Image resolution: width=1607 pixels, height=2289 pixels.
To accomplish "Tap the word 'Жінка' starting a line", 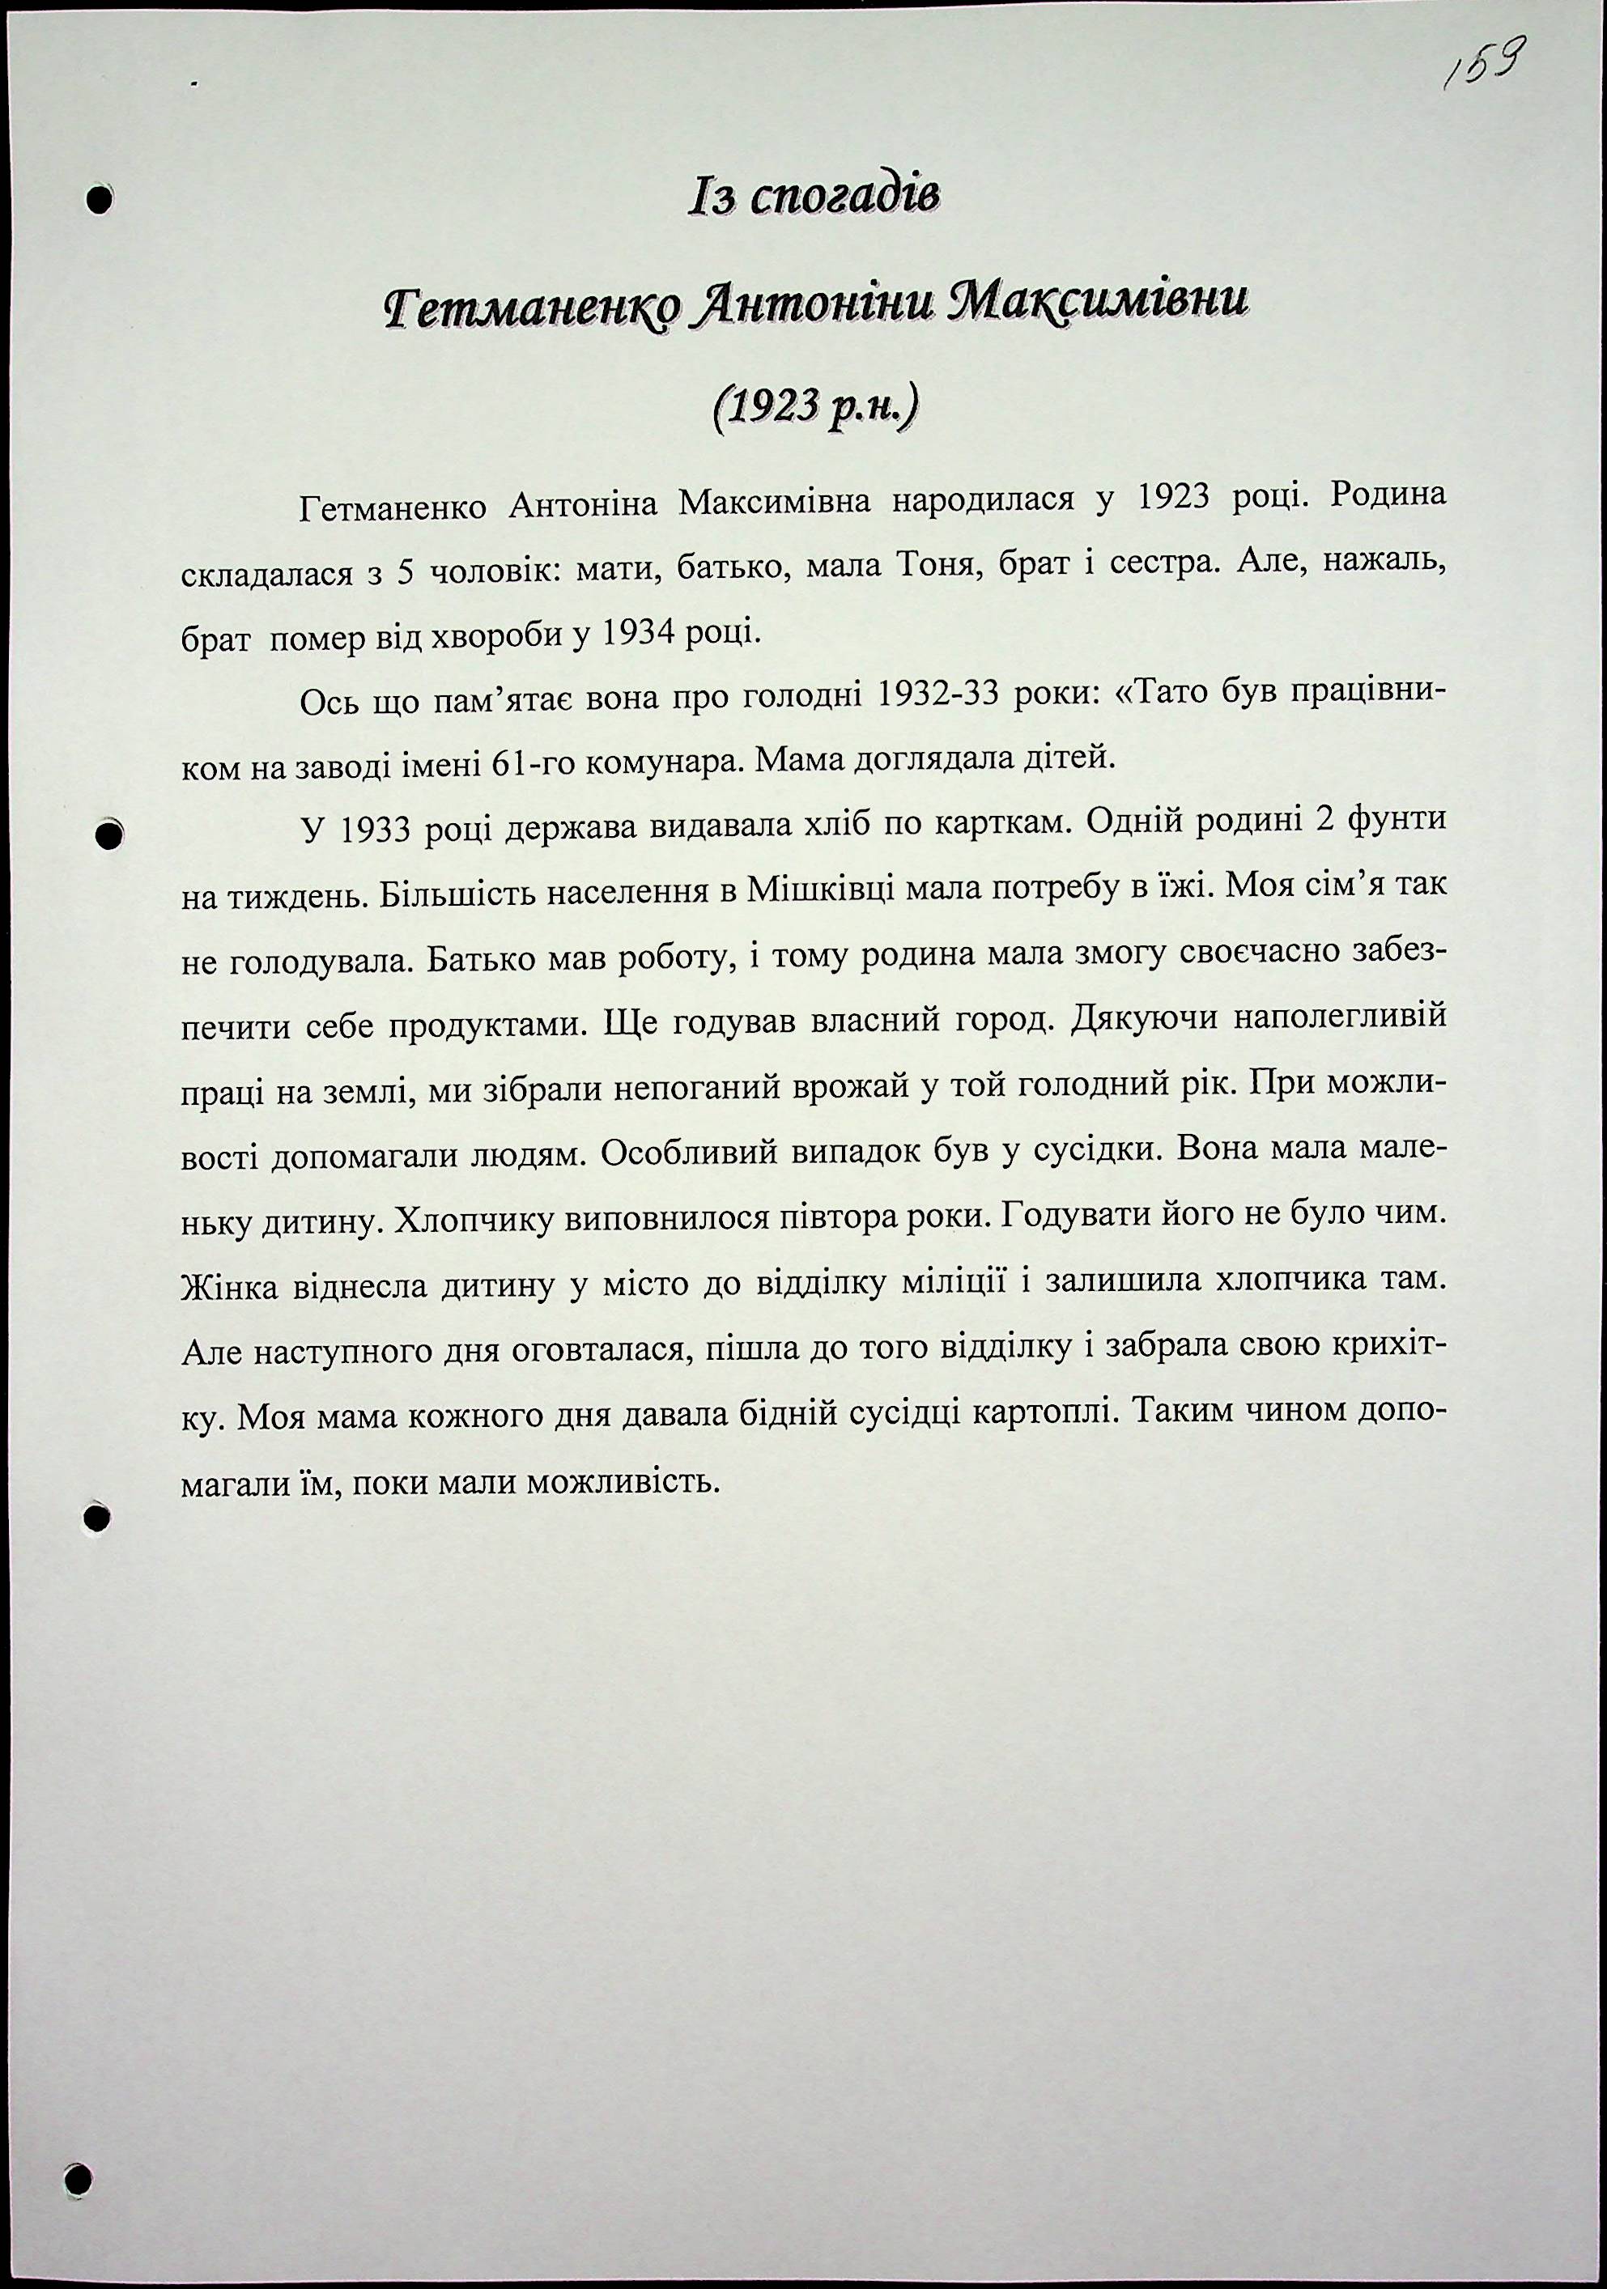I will [x=230, y=1287].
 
